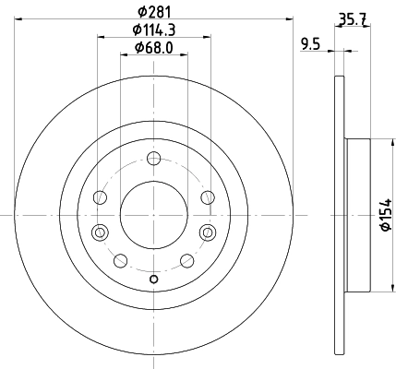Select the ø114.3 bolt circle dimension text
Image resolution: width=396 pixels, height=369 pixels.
point(154,30)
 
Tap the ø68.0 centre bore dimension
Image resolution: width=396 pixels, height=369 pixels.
point(154,48)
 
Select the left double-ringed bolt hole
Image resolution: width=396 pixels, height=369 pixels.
point(102,231)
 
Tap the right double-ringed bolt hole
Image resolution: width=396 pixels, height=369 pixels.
point(207,231)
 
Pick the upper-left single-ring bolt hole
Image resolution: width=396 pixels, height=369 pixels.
point(102,196)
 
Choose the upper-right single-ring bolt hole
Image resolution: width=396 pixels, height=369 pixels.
point(207,196)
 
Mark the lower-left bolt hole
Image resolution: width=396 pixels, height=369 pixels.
point(121,259)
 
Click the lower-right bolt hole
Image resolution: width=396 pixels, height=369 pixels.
point(187,259)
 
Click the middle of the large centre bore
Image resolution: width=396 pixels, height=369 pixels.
point(154,213)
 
